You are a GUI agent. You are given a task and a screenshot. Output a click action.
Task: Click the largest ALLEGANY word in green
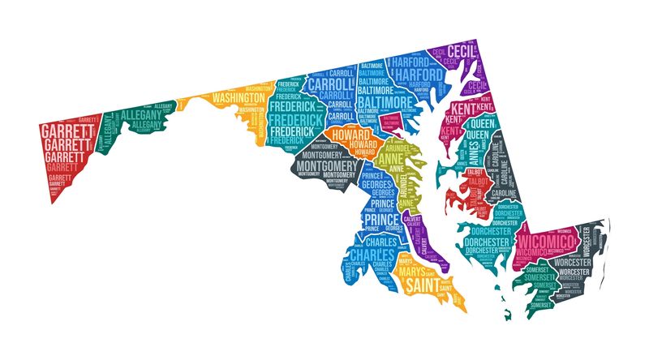tap(142, 116)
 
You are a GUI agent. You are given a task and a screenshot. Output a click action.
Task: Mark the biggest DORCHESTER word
tap(488, 242)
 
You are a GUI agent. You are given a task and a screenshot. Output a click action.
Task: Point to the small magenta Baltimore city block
tap(390, 122)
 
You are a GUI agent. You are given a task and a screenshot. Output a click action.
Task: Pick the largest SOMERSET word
tap(539, 277)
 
